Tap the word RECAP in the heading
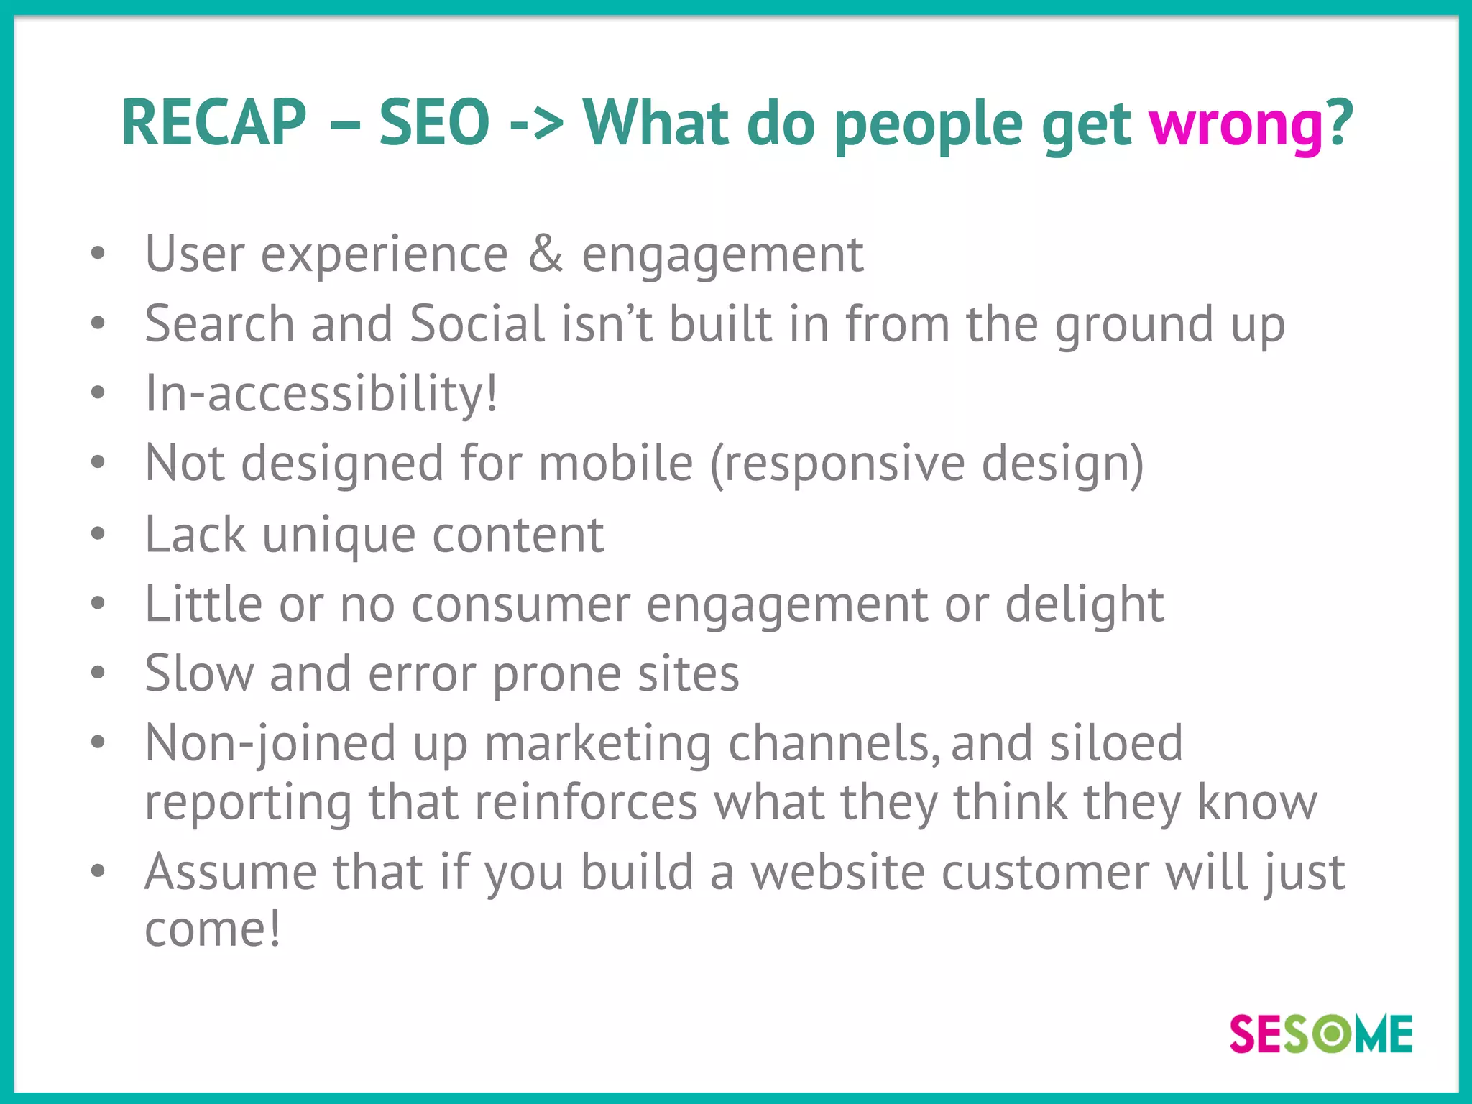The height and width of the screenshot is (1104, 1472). (214, 124)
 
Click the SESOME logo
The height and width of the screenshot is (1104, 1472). (1321, 1034)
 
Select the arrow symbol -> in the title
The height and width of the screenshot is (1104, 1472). (536, 124)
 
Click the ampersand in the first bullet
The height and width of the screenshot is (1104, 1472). (545, 254)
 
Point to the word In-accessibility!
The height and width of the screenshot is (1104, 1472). (321, 394)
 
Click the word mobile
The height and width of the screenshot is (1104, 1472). (615, 463)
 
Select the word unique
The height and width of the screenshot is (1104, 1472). (339, 535)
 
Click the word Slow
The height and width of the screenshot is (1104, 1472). (199, 674)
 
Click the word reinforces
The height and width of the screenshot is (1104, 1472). (586, 802)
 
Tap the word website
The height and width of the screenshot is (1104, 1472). (837, 873)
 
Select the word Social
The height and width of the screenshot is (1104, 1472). (477, 323)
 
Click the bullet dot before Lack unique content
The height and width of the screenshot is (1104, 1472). (98, 534)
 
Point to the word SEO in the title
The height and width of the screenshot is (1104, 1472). (434, 124)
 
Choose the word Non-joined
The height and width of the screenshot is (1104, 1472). (270, 742)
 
